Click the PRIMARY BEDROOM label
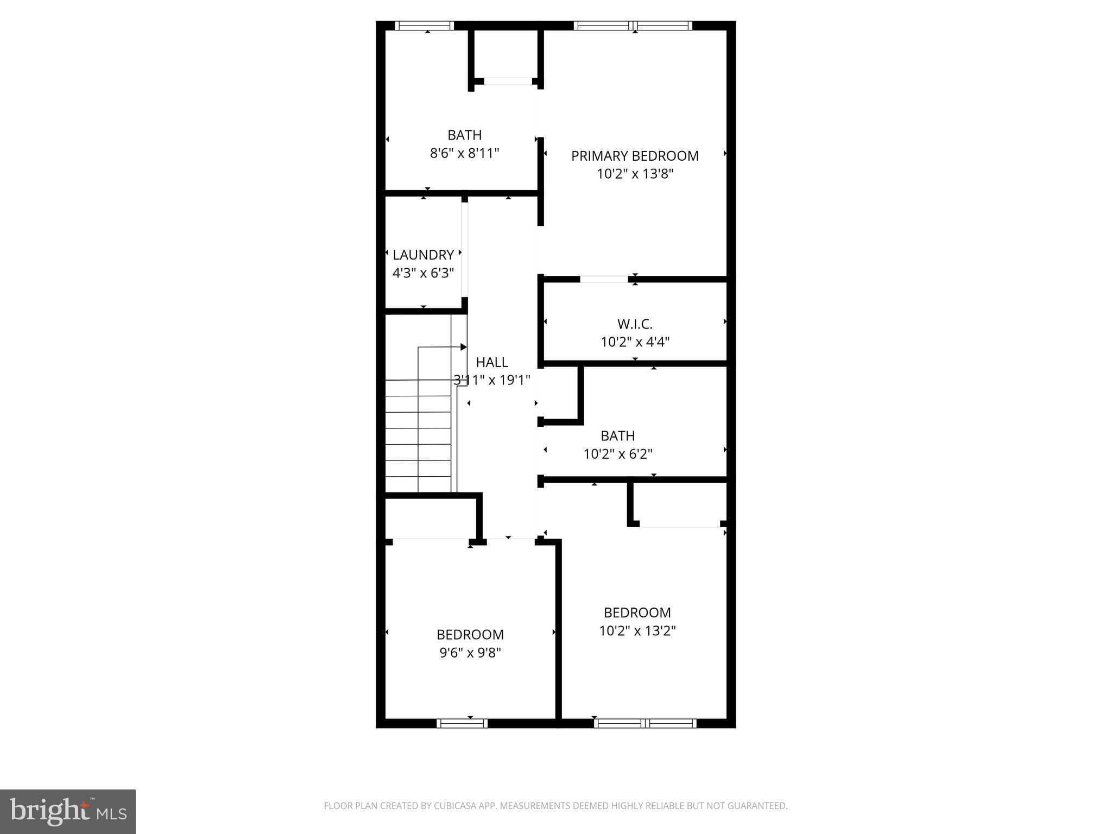pyautogui.click(x=635, y=156)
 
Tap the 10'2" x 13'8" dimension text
pyautogui.click(x=635, y=174)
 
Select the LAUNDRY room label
pyautogui.click(x=423, y=255)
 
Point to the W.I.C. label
pyautogui.click(x=635, y=324)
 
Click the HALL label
pyautogui.click(x=492, y=362)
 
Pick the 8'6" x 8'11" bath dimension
pyautogui.click(x=464, y=153)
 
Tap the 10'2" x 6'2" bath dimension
pyautogui.click(x=618, y=454)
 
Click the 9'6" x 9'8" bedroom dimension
pyautogui.click(x=470, y=653)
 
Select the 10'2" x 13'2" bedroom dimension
pyautogui.click(x=637, y=631)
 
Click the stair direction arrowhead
pyautogui.click(x=463, y=347)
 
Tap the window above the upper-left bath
pyautogui.click(x=424, y=26)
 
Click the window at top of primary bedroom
pyautogui.click(x=633, y=26)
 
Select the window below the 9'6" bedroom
pyautogui.click(x=462, y=723)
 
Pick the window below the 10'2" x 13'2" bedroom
pyautogui.click(x=645, y=723)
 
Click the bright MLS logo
pyautogui.click(x=68, y=812)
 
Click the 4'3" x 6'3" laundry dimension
pyautogui.click(x=423, y=273)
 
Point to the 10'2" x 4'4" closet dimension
pyautogui.click(x=635, y=342)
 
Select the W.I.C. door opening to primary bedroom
pyautogui.click(x=604, y=279)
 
